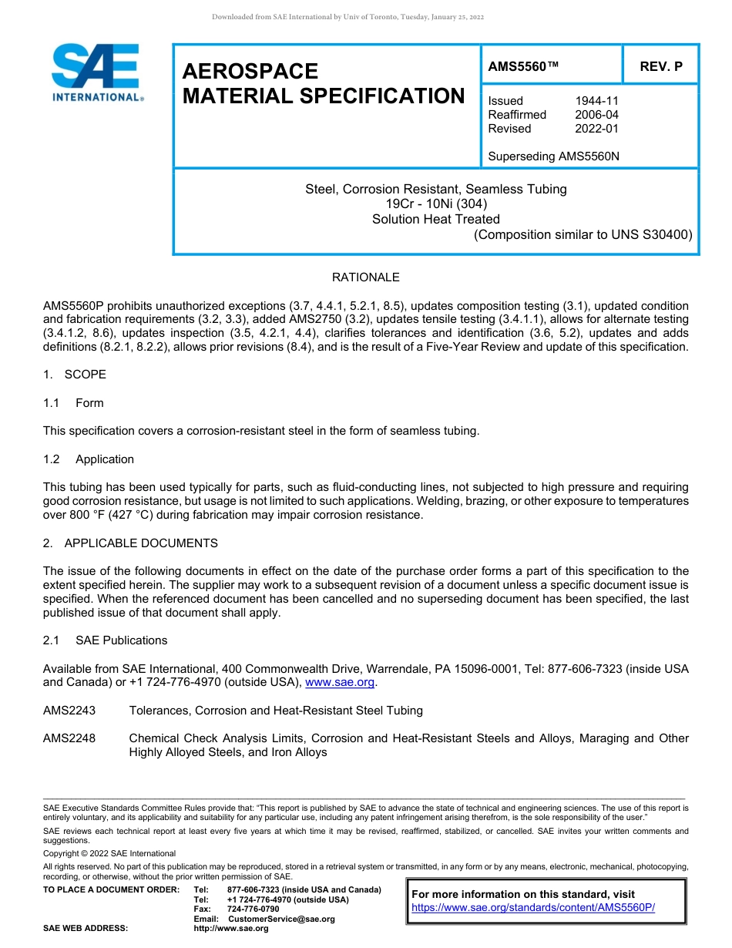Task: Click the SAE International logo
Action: click(96, 72)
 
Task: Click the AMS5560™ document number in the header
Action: click(523, 67)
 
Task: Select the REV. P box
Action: click(660, 67)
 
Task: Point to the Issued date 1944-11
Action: click(596, 101)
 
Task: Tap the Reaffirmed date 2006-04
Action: click(596, 115)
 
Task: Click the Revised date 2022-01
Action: click(596, 129)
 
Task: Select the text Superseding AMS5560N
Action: click(553, 156)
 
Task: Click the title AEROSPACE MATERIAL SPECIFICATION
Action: click(323, 84)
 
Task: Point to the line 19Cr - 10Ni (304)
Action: click(435, 204)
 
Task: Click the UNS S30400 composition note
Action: click(583, 234)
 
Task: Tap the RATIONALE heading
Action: click(365, 277)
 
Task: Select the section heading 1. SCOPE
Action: click(75, 375)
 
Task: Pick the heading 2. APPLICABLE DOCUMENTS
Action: click(130, 543)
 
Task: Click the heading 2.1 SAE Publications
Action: click(106, 640)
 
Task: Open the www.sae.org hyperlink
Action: click(340, 683)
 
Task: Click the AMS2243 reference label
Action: click(69, 711)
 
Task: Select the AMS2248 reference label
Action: click(69, 738)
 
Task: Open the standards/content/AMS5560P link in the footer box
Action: click(532, 908)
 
